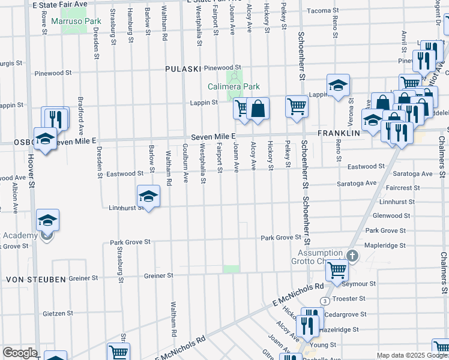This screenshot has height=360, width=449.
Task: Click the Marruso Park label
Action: [x=76, y=21]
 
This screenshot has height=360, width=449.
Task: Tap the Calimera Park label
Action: [x=234, y=86]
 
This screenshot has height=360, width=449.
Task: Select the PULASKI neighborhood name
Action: [x=183, y=69]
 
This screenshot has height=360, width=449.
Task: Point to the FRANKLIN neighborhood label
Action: [x=339, y=133]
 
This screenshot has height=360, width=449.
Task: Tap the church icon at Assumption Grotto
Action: [x=353, y=256]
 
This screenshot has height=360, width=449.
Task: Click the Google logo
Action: [x=19, y=353]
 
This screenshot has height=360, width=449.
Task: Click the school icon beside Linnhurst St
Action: [x=148, y=196]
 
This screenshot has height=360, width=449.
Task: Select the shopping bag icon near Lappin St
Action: [x=258, y=109]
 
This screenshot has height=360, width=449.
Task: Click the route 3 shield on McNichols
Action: [x=325, y=301]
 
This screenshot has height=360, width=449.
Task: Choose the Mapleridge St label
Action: [x=386, y=245]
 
